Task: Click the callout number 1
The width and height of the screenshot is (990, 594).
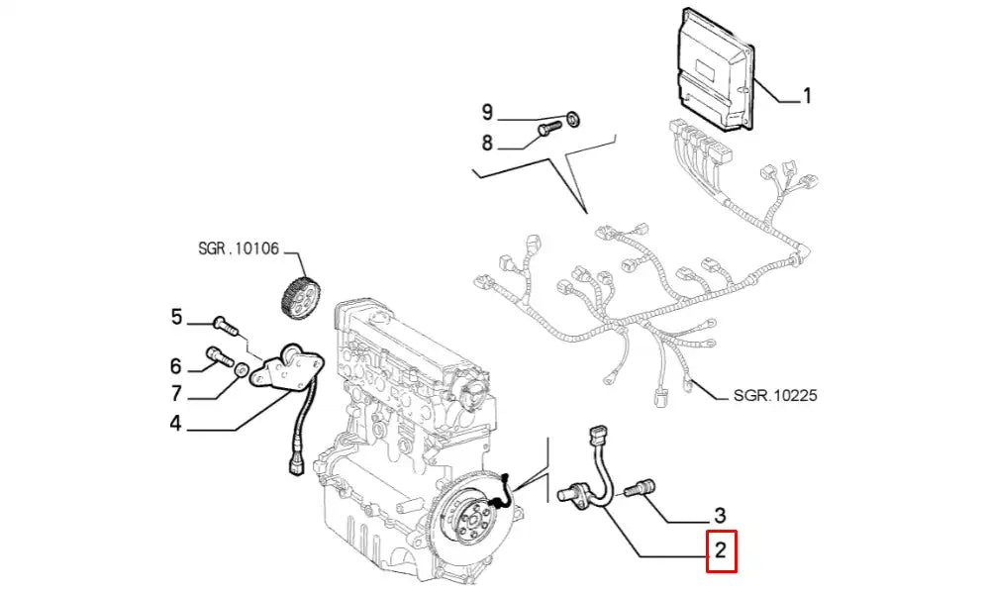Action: click(807, 96)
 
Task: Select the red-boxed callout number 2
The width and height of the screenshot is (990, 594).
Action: click(721, 551)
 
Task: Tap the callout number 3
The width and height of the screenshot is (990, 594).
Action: click(720, 516)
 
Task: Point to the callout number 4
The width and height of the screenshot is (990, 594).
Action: click(175, 425)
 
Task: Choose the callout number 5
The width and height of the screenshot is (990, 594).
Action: click(177, 317)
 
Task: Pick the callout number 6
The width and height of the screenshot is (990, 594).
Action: click(177, 364)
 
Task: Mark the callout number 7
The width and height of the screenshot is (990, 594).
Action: click(177, 393)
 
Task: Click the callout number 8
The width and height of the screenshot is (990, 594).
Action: click(487, 144)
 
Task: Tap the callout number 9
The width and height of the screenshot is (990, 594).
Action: click(487, 112)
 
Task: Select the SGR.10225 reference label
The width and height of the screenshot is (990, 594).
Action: click(775, 396)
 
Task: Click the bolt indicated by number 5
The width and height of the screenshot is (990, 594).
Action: click(226, 322)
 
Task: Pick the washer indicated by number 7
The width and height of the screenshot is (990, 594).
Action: click(241, 369)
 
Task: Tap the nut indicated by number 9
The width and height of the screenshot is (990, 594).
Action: click(575, 120)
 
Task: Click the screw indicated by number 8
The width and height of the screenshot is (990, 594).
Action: click(547, 130)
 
